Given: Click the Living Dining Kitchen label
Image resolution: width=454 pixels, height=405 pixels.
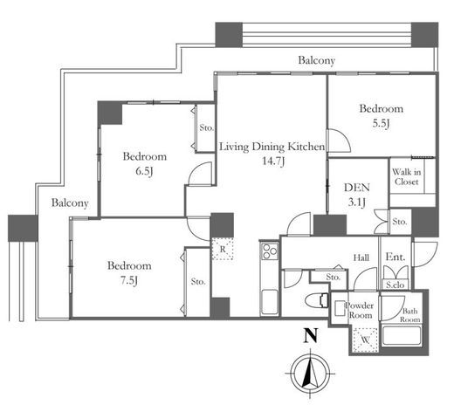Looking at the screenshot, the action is click(x=272, y=147).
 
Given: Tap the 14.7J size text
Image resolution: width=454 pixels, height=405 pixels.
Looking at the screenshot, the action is click(x=273, y=161).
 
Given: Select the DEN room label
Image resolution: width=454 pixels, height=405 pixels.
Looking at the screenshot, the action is click(x=357, y=188).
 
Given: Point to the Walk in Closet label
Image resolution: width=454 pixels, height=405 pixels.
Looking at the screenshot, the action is click(x=407, y=177).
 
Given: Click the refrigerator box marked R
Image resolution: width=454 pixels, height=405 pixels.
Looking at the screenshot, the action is click(x=223, y=249).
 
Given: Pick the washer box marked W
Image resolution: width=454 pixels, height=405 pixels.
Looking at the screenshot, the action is click(x=366, y=340).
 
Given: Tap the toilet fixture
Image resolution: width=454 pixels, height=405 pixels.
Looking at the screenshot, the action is click(x=317, y=300).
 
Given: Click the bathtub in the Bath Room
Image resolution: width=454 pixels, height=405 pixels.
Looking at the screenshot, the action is click(x=402, y=335).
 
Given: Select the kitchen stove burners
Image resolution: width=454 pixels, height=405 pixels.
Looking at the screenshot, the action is click(x=270, y=251).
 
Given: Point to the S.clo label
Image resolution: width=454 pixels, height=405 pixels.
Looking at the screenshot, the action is click(x=395, y=285).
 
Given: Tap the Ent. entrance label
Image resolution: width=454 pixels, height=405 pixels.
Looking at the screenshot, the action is click(x=396, y=257).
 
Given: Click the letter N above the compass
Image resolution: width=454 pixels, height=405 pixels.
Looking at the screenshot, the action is click(x=310, y=335).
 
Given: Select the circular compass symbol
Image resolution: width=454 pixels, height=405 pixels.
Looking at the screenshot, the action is click(x=310, y=374).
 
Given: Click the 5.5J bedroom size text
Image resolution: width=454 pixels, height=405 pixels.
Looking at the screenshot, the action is click(x=381, y=124).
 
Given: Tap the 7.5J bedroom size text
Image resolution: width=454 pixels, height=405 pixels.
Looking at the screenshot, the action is click(x=129, y=280).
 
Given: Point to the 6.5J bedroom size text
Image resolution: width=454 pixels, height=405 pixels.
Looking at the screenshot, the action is click(x=144, y=171).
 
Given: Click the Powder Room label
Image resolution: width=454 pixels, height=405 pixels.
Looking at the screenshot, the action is click(x=360, y=310).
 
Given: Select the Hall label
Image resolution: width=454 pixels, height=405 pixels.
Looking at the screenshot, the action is click(x=361, y=257).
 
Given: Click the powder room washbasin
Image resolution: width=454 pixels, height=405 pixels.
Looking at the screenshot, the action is click(x=340, y=308).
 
